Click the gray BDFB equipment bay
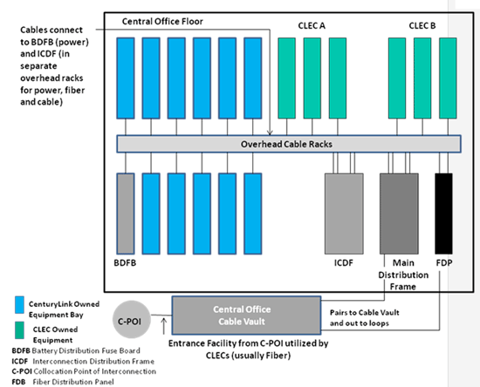point(126,214)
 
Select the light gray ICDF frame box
point(344,214)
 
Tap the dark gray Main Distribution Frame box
point(399,214)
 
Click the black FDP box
point(443,214)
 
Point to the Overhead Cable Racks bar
point(289,144)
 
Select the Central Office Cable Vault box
point(246,316)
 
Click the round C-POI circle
point(131,319)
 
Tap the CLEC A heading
point(312,25)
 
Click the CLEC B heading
point(422,25)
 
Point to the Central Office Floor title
point(162,22)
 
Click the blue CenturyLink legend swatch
point(19,305)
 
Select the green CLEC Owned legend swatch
point(19,330)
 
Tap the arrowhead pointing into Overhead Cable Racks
point(270,132)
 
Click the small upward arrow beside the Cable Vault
point(164,326)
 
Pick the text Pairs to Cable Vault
point(364,313)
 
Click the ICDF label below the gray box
point(344,263)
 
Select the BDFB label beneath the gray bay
point(125,263)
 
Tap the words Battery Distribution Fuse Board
point(86,350)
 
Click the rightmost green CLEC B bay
point(448,78)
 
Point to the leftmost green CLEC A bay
point(286,78)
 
